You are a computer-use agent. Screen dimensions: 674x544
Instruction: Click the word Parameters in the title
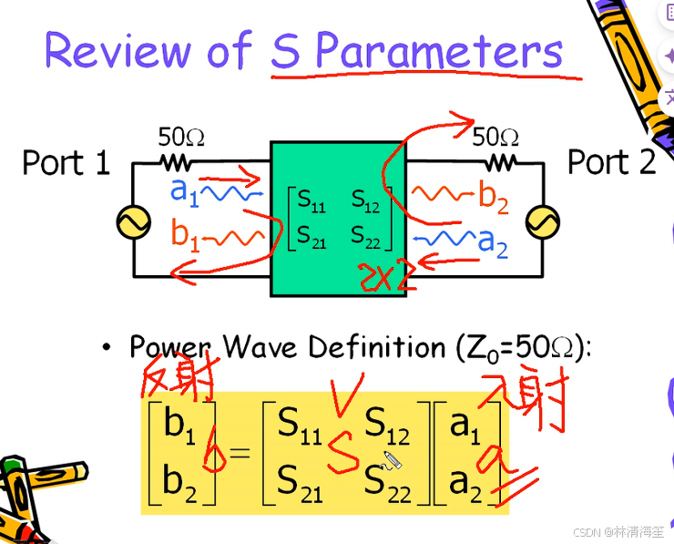point(437,52)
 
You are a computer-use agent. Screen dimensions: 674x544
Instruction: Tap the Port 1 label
point(66,163)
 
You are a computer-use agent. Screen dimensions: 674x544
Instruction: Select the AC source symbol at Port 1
point(133,221)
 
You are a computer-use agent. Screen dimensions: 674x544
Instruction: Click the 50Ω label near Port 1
point(181,138)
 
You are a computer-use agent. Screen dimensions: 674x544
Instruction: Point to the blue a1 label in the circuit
point(184,191)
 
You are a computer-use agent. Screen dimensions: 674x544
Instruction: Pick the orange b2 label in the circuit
point(493,195)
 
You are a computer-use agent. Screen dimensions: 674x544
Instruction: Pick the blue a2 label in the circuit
point(493,241)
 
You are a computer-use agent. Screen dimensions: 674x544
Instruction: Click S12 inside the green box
point(366,199)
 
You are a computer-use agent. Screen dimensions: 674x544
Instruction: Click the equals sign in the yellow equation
point(240,452)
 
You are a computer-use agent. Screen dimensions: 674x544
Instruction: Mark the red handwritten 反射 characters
point(179,375)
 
